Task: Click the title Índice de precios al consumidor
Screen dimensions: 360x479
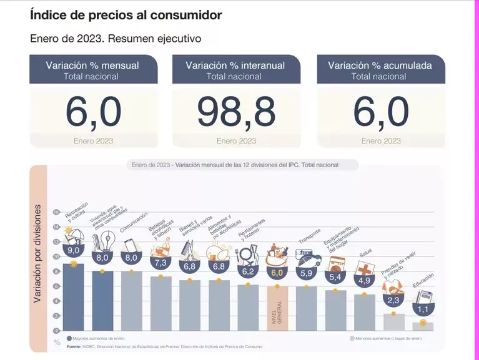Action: coord(126,14)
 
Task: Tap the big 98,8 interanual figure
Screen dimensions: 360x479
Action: coord(236,112)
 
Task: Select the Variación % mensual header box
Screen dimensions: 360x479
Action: coord(92,70)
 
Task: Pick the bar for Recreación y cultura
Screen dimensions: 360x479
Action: coord(73,296)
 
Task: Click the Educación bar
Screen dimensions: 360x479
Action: coord(423,325)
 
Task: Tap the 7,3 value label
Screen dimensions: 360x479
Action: coord(160,263)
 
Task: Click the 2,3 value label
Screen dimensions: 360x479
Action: coord(393,300)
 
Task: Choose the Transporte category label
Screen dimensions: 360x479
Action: coord(309,239)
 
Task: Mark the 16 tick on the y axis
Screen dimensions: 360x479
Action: coord(56,212)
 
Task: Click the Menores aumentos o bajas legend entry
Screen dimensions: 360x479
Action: coord(385,338)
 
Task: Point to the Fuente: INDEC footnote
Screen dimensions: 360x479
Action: coord(165,346)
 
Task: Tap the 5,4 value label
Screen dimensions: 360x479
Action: coord(335,276)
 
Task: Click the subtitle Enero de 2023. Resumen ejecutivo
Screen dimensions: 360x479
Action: coord(116,38)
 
